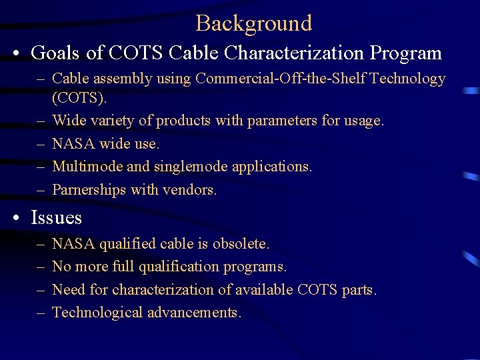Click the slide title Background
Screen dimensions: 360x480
[253, 23]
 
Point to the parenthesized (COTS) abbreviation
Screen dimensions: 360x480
[79, 98]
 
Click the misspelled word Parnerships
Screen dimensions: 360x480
[89, 190]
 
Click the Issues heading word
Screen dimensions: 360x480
[57, 218]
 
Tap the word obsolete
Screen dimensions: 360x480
[241, 244]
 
